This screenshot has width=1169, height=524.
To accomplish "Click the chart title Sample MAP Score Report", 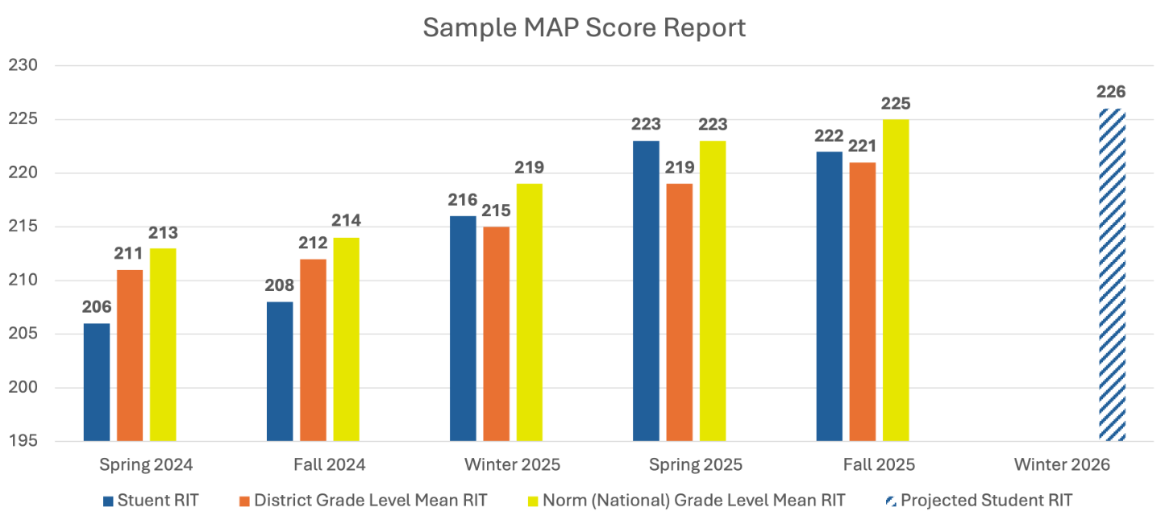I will tap(584, 27).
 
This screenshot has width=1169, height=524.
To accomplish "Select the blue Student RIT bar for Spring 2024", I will tap(97, 382).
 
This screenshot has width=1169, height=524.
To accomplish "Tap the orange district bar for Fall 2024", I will tap(313, 350).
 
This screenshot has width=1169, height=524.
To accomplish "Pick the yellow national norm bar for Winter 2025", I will tap(530, 312).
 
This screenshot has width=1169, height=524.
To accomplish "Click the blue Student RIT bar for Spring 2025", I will tap(646, 291).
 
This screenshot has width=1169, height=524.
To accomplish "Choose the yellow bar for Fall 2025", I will tap(896, 280).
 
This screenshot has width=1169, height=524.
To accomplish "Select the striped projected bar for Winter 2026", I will tap(1113, 275).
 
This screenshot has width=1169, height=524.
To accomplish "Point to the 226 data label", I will tap(1111, 92).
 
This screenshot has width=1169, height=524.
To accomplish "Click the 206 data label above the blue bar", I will tap(97, 307).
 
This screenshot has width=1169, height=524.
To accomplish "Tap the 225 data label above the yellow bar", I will tap(896, 104).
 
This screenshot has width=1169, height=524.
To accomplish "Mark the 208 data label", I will tap(280, 285).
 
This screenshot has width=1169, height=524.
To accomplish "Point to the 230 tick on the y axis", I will tap(23, 66).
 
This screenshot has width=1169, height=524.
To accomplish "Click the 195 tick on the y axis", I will tap(23, 442).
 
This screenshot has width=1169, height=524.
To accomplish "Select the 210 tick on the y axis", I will tap(23, 281).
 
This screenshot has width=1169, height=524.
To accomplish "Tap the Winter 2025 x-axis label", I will tap(512, 465).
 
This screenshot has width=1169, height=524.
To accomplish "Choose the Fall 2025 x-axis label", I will tap(879, 465).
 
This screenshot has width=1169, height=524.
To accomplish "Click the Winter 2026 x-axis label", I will tap(1062, 465).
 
